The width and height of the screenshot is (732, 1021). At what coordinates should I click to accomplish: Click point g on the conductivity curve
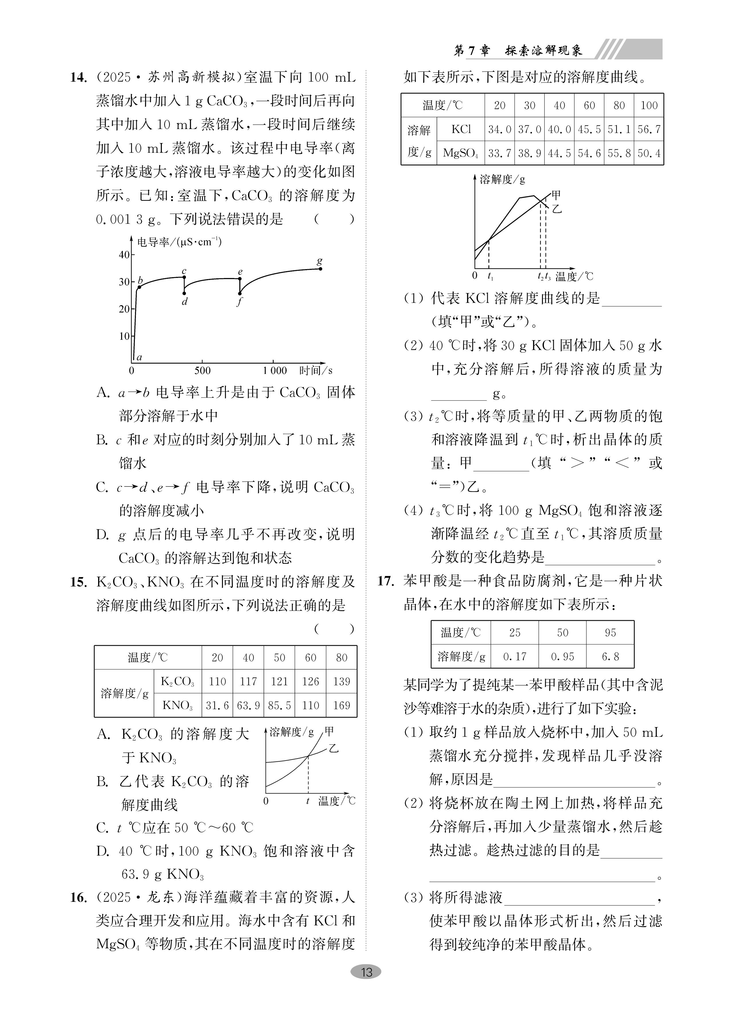320,269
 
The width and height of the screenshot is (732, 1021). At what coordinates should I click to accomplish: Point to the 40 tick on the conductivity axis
124,255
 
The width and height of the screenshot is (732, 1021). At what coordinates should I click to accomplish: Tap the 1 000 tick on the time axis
274,370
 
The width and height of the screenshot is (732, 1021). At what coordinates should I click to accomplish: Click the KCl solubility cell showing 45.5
589,130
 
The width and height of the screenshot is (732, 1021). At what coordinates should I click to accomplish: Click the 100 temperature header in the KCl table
649,106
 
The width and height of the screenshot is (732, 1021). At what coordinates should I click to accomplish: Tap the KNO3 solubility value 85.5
279,705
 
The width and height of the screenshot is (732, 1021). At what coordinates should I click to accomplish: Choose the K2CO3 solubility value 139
341,682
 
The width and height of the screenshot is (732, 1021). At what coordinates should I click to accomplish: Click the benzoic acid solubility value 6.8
610,656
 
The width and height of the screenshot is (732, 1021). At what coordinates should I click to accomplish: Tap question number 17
386,581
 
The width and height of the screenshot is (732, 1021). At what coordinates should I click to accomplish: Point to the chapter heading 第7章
471,51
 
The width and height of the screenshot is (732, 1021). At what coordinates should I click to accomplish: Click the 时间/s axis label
316,370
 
